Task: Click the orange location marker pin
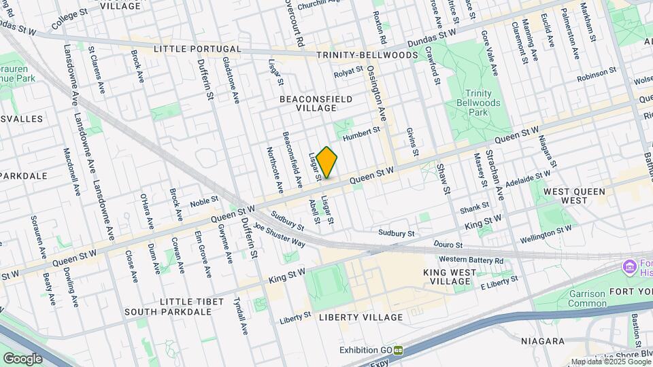pos(327,163)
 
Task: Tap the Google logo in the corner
pos(23,357)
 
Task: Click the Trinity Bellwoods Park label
pos(478,103)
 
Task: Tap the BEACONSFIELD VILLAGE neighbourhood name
pos(316,103)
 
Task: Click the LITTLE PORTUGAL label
pos(197,50)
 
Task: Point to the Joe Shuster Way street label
pos(279,234)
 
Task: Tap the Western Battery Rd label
pos(471,260)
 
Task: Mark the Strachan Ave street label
pos(495,175)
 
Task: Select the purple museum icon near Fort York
pos(629,266)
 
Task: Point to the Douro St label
pos(449,245)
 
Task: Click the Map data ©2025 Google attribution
pos(610,362)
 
